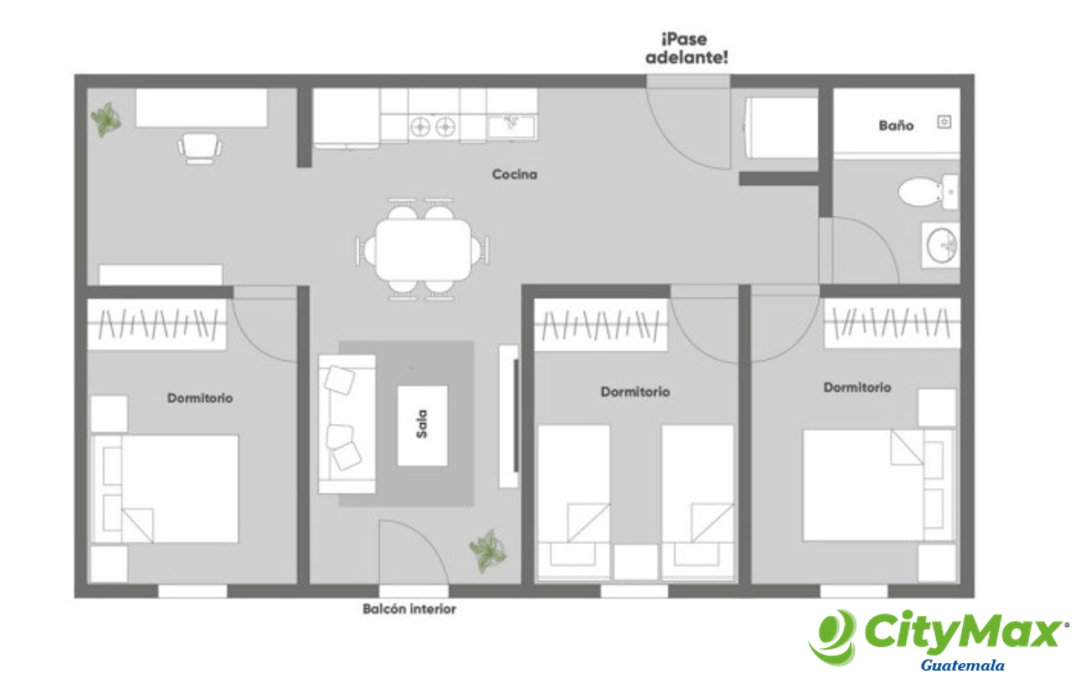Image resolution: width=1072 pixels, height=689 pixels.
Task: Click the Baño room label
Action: [896, 126]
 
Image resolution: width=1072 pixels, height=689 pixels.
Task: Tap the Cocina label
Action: [515, 175]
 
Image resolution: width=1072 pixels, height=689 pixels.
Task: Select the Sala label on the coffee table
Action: [421, 424]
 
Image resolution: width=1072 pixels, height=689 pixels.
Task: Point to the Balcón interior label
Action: [409, 609]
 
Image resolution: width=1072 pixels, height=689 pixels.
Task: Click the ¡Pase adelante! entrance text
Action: [687, 48]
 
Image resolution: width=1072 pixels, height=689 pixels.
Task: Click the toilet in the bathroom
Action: [929, 192]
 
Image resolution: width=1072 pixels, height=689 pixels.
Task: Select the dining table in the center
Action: [423, 249]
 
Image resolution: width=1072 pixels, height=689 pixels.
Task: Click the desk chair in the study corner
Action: [200, 148]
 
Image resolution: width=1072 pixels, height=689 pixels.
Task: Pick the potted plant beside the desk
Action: [106, 120]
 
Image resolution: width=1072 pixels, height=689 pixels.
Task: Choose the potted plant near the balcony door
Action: [488, 551]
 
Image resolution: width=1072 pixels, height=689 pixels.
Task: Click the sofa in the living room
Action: [347, 424]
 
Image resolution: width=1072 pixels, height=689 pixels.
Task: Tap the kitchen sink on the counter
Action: [512, 127]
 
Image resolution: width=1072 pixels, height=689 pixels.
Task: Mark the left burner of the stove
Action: [420, 127]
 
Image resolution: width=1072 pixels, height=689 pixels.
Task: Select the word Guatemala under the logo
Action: [962, 665]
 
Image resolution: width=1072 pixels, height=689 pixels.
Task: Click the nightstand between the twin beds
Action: [636, 562]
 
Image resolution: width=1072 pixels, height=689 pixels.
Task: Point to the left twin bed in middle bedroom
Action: [574, 503]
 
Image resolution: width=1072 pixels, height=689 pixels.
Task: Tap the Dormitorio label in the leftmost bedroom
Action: [200, 398]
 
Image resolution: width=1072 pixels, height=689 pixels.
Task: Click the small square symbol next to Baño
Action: [944, 122]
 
